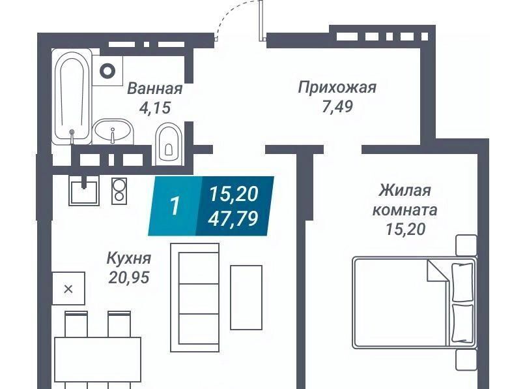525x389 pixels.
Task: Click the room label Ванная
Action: coord(155,89)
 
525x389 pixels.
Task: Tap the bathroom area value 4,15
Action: coord(155,108)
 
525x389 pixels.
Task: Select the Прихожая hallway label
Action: coord(337,87)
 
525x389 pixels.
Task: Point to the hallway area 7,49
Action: coord(337,107)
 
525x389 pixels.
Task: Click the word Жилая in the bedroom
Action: coord(404,191)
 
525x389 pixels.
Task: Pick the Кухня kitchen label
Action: coord(129,258)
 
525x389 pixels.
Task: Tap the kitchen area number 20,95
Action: coord(129,277)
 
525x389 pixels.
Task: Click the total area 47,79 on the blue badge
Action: coord(233,218)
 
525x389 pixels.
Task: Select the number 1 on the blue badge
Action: coord(175,206)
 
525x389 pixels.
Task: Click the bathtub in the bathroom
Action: coord(72,97)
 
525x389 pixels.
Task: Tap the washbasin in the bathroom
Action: coord(113,131)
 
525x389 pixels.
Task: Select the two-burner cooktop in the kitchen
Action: coord(119,191)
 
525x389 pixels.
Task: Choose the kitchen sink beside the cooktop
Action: coord(84,191)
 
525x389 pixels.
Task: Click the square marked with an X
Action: coord(68,288)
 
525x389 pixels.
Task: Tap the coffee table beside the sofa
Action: coord(246,298)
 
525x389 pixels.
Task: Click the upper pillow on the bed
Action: coord(462,282)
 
